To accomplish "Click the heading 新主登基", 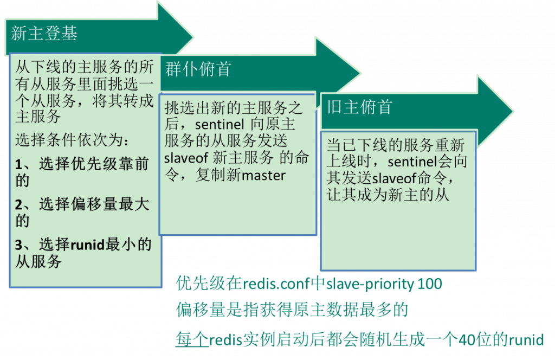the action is (44, 34).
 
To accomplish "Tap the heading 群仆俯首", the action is (198, 69).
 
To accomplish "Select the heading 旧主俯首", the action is (360, 107).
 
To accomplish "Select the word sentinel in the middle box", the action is (220, 124).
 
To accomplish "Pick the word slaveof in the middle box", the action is (186, 158).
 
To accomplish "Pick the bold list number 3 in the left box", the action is (19, 245).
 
